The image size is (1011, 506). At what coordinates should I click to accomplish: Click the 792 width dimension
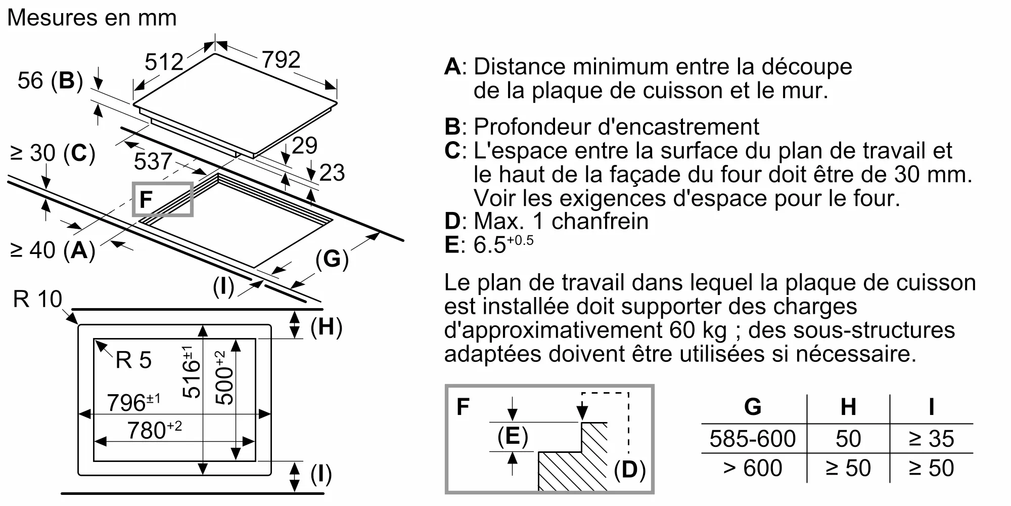tap(281, 60)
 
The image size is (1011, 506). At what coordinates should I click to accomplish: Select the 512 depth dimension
tap(164, 62)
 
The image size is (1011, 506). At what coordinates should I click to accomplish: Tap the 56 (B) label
tap(50, 81)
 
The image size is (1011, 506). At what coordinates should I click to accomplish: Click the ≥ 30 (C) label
tap(53, 153)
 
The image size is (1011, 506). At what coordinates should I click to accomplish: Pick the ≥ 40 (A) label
tap(53, 250)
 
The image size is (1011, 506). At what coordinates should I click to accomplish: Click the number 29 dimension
tap(305, 146)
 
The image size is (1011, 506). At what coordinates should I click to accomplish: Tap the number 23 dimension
tap(332, 173)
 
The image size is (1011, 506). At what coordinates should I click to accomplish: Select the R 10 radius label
tap(37, 300)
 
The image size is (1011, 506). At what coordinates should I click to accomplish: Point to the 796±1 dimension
tap(133, 403)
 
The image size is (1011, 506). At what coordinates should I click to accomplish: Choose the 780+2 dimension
tap(154, 430)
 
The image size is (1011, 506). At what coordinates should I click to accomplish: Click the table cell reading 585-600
tap(752, 439)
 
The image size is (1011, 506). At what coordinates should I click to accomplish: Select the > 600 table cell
tap(752, 468)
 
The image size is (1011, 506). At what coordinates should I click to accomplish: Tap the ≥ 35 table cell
tap(931, 439)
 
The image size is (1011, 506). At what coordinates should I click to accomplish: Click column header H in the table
tap(848, 407)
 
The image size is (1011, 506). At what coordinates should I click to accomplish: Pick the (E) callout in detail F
tap(513, 436)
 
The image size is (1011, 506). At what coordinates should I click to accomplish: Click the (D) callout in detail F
tap(629, 470)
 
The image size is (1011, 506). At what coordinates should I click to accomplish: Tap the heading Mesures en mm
tap(92, 18)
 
